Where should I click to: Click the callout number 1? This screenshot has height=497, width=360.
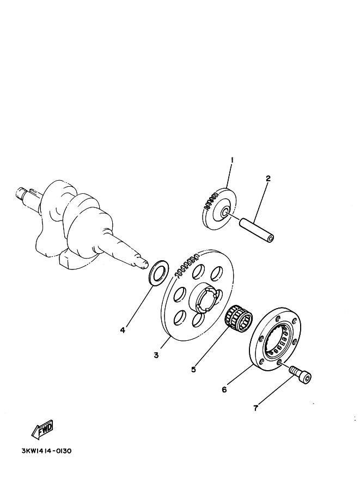232,161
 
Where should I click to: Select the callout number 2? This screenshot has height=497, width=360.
268,179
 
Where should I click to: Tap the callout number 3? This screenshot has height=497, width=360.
156,355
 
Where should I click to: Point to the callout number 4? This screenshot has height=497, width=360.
123,330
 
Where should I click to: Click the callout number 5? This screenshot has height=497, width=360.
193,369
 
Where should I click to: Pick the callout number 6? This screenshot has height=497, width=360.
224,389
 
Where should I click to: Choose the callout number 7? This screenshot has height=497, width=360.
256,408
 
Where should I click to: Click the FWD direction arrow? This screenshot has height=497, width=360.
42,430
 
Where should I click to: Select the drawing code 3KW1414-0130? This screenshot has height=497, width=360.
46,451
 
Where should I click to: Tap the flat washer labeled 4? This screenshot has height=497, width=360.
157,272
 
